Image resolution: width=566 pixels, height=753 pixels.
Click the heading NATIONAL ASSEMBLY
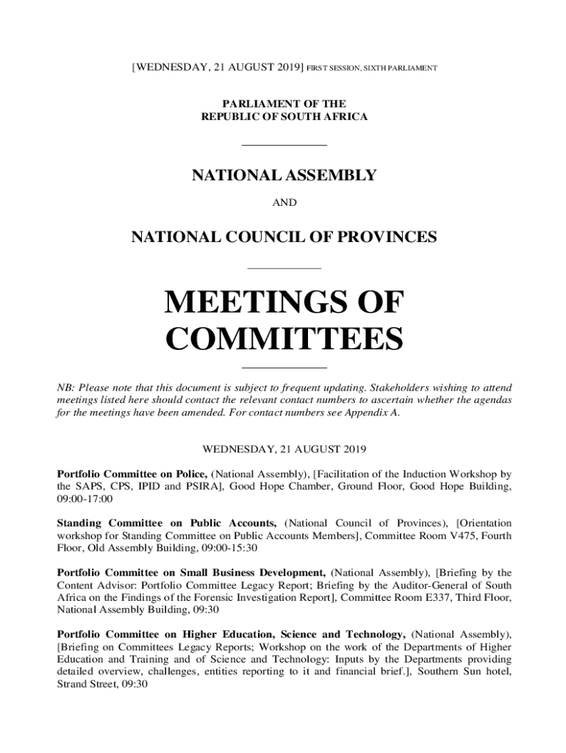[284, 176]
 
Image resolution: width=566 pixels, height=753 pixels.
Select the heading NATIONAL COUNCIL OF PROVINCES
[284, 237]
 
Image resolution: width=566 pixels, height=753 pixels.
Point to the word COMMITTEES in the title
[284, 340]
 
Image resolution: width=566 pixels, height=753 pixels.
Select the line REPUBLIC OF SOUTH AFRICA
[284, 117]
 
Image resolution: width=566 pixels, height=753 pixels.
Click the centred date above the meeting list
[284, 448]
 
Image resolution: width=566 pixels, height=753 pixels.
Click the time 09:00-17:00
[85, 499]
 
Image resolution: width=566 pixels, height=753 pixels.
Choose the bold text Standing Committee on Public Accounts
[167, 523]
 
